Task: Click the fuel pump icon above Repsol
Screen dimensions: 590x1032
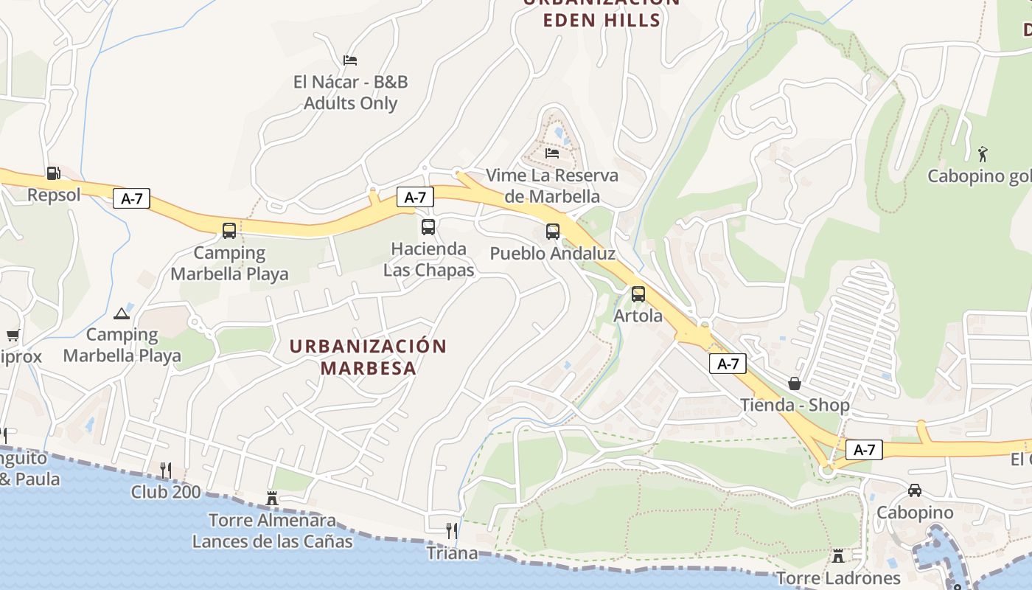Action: (x=53, y=173)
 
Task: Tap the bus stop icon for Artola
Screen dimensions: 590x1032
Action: (x=638, y=294)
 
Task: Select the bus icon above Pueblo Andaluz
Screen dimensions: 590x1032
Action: (x=553, y=232)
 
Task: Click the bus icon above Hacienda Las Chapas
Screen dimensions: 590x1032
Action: (x=428, y=227)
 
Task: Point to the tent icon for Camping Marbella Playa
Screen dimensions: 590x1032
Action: (x=122, y=313)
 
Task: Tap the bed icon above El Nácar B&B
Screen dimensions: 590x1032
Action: (x=350, y=60)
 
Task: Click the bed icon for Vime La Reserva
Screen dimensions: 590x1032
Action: (x=552, y=153)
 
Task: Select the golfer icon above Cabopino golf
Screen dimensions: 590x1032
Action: (x=982, y=154)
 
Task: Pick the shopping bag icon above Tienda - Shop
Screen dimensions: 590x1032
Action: (x=795, y=383)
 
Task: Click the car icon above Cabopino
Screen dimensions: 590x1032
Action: (x=914, y=490)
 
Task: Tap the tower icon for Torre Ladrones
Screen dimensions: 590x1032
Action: (x=838, y=556)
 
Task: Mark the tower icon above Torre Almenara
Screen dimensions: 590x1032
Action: (x=272, y=499)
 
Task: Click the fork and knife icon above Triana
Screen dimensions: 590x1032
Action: (x=452, y=531)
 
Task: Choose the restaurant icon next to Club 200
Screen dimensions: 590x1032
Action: (x=166, y=470)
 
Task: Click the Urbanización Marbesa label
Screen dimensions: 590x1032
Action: (x=368, y=357)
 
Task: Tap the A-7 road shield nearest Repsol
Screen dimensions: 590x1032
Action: (x=132, y=198)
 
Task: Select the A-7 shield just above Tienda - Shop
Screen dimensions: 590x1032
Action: (x=728, y=364)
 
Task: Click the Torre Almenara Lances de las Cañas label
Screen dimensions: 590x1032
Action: (x=272, y=531)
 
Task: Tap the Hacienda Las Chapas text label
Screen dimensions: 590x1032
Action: (x=428, y=260)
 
